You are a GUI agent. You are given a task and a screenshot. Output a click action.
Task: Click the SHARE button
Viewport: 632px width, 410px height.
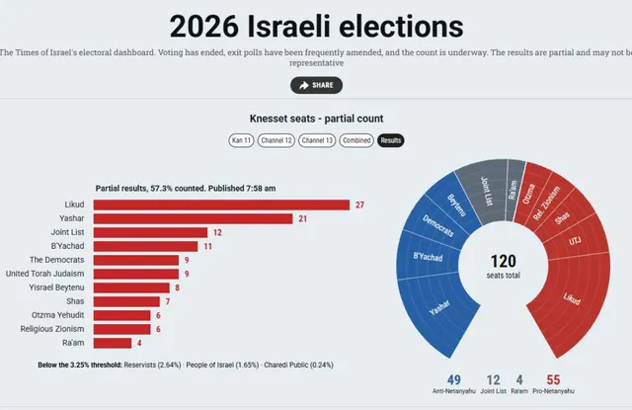(x=316, y=85)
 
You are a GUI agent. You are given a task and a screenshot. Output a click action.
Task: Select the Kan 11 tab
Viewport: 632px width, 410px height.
(x=241, y=140)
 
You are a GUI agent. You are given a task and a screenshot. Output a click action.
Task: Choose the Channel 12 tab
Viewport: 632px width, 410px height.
(x=276, y=140)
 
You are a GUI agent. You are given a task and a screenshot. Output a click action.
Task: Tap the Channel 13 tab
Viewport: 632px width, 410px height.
(x=317, y=140)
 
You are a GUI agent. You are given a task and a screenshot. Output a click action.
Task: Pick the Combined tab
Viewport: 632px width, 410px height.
(x=356, y=140)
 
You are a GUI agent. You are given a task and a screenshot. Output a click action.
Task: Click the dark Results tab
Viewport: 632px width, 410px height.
(x=391, y=140)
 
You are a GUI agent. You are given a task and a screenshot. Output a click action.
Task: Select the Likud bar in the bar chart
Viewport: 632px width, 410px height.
(x=221, y=205)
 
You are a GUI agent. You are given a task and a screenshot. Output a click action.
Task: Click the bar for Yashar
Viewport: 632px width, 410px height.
(x=194, y=218)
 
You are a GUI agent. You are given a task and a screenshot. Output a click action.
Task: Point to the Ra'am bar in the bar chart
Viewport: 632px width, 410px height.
(x=113, y=343)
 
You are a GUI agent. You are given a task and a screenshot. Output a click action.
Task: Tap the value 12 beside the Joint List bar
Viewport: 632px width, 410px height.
(x=217, y=232)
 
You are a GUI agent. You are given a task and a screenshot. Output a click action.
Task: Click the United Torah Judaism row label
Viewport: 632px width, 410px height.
(x=44, y=274)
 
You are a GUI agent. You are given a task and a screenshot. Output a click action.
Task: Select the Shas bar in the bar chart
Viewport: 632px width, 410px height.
(x=126, y=301)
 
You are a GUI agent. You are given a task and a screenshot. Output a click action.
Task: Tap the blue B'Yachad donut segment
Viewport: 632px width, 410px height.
(x=428, y=257)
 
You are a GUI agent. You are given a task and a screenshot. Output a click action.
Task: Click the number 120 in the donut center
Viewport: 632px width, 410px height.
(x=504, y=261)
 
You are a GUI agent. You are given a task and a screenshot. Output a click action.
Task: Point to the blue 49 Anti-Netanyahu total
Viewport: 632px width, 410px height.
(x=454, y=379)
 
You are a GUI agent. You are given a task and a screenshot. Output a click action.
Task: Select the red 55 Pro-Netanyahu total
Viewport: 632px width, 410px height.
(x=553, y=379)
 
